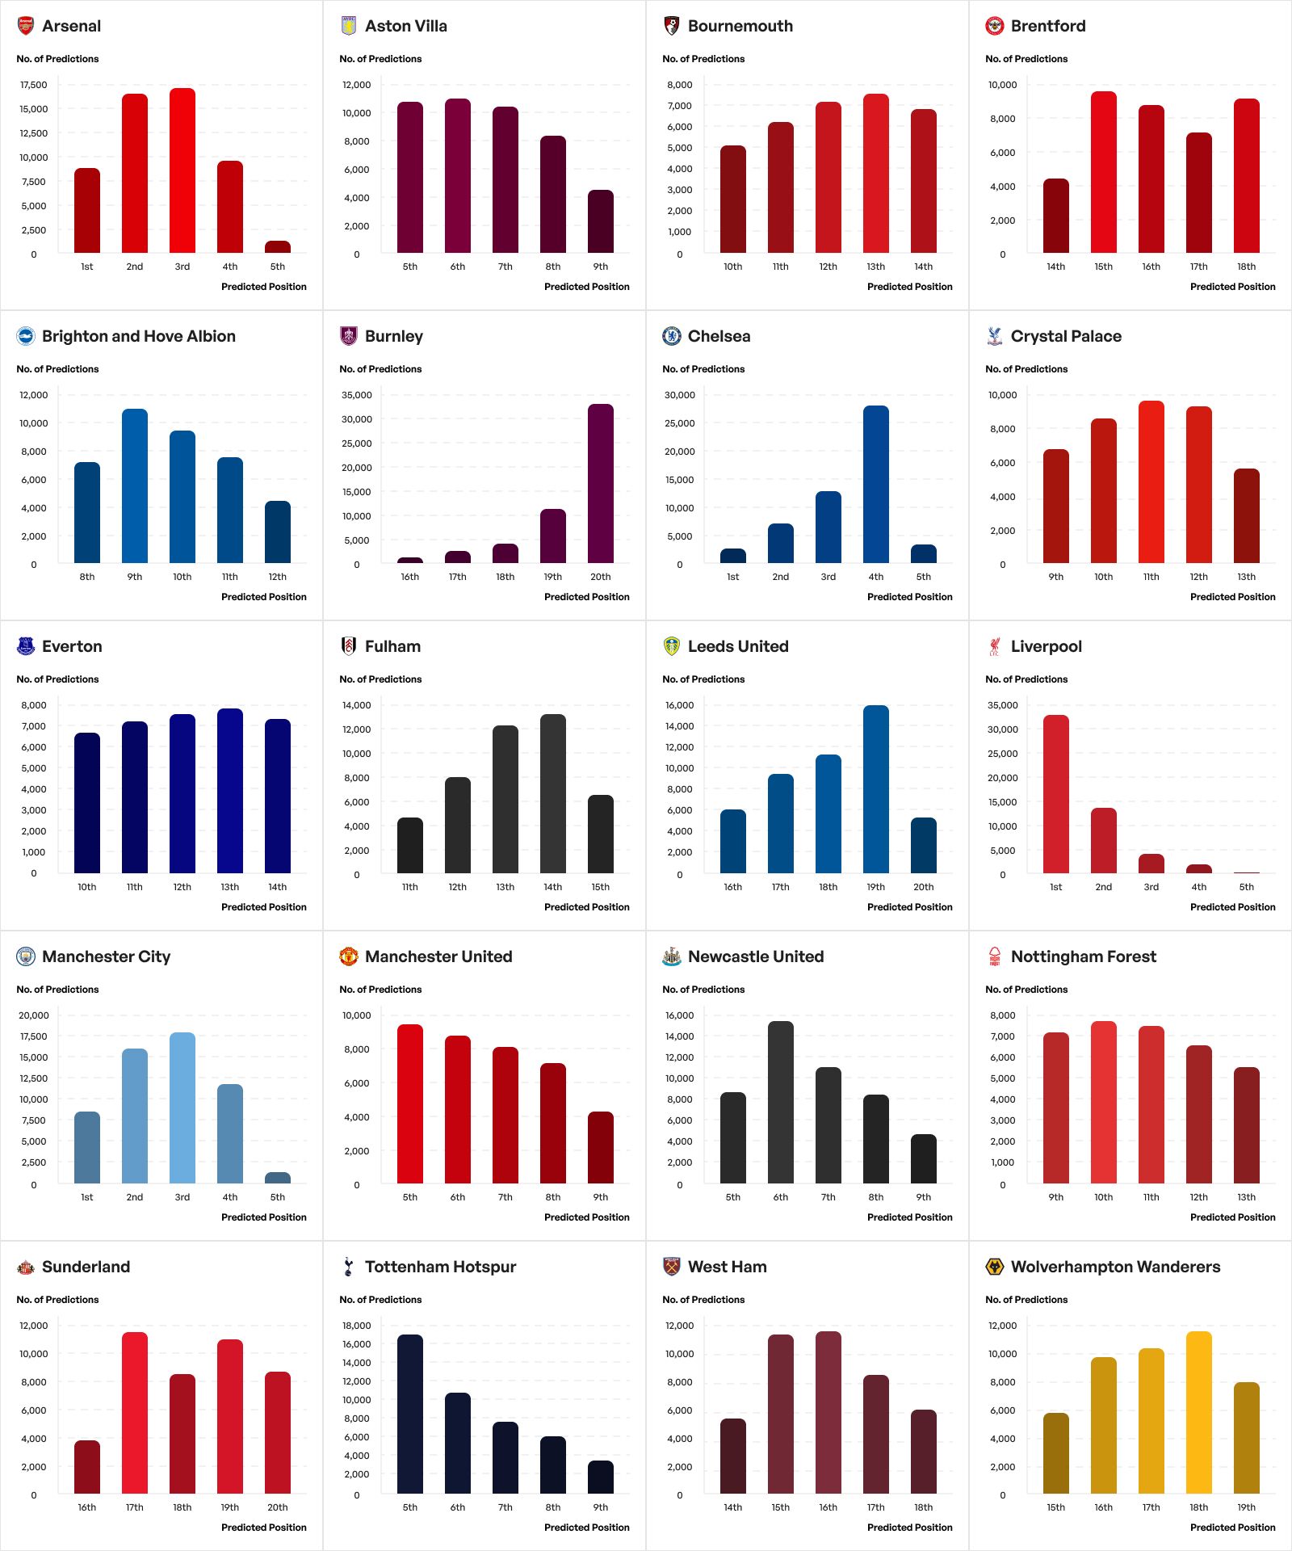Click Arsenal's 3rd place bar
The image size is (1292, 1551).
(182, 170)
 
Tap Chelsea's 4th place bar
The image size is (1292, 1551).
(876, 484)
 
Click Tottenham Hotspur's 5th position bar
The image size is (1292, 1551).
(410, 1414)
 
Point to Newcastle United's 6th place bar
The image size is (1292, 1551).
(781, 1102)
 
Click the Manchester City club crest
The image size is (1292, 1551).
(26, 956)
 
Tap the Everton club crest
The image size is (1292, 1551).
(26, 646)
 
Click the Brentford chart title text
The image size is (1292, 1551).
(1048, 26)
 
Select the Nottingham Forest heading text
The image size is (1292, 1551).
(1084, 956)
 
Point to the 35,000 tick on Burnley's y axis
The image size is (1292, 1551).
(357, 395)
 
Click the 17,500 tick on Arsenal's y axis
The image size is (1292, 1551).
(34, 85)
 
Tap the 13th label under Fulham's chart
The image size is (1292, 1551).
(505, 887)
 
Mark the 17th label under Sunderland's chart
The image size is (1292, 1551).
(135, 1507)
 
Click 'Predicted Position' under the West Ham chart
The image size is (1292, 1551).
(910, 1528)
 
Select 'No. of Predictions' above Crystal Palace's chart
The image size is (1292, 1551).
(1026, 369)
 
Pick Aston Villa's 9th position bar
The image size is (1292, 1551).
(601, 221)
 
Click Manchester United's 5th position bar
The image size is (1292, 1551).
(410, 1103)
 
